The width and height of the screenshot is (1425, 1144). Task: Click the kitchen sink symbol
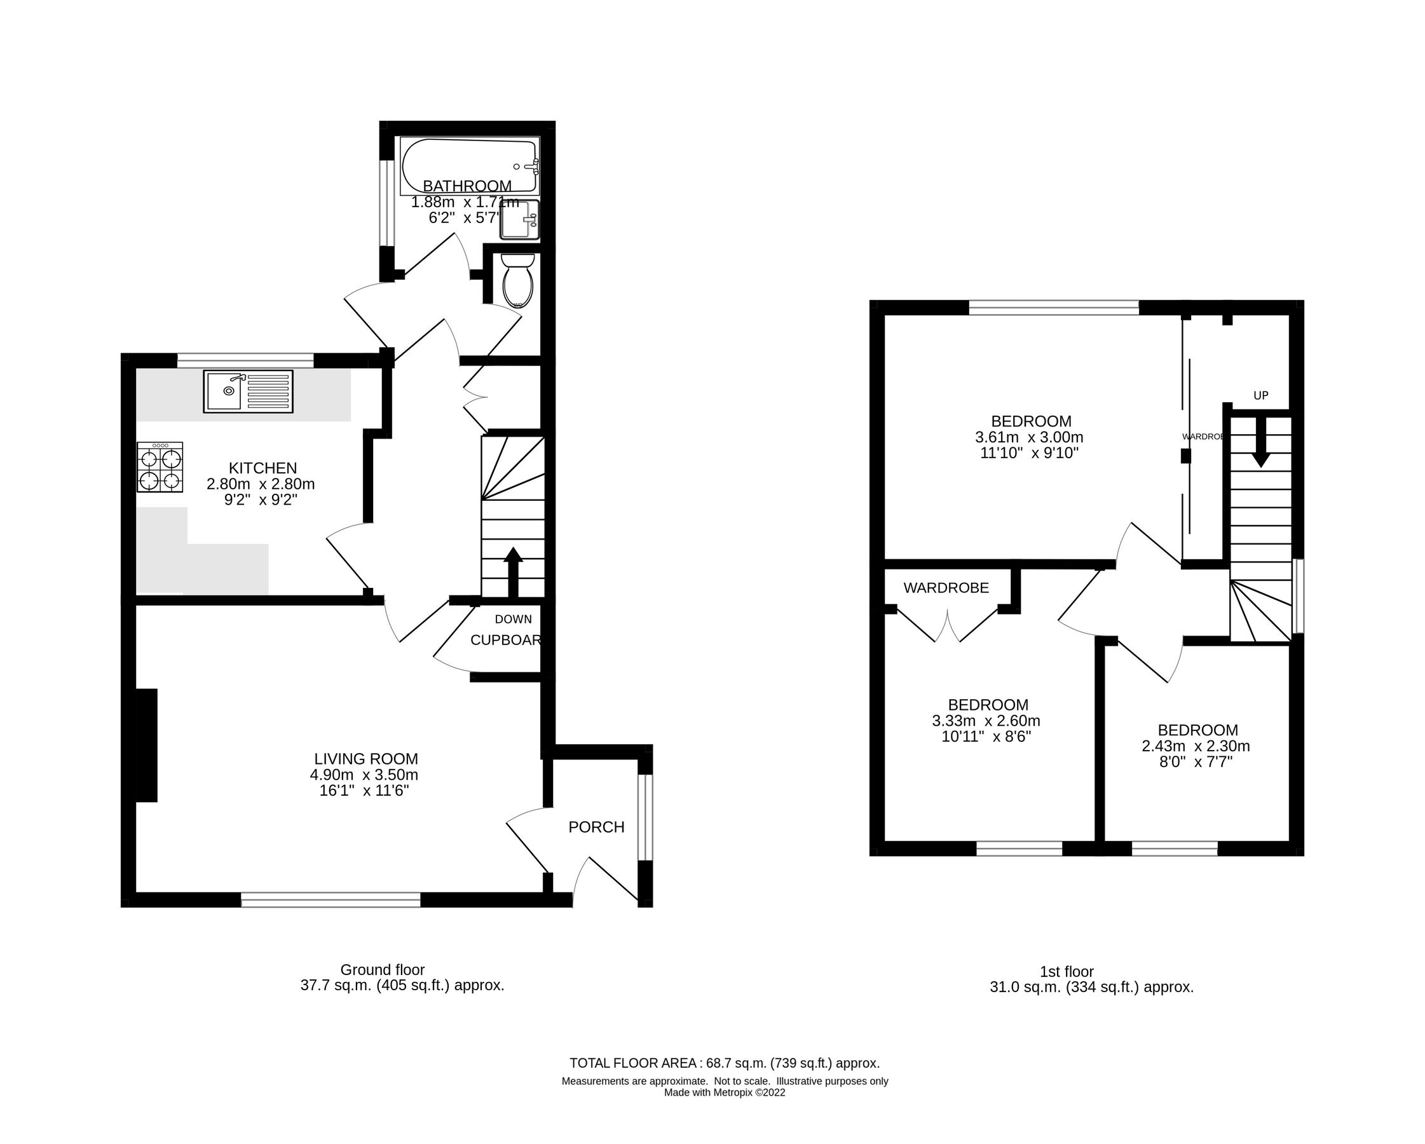pyautogui.click(x=248, y=392)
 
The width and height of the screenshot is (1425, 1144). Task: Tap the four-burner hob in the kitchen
pyautogui.click(x=160, y=467)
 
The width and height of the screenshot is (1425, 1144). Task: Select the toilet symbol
pyautogui.click(x=517, y=281)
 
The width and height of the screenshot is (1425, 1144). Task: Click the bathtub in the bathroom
pyautogui.click(x=469, y=165)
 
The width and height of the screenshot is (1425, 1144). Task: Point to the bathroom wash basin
pyautogui.click(x=520, y=219)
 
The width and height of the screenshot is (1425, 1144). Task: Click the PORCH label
pyautogui.click(x=596, y=827)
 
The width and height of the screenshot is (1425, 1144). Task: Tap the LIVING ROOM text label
pyautogui.click(x=365, y=759)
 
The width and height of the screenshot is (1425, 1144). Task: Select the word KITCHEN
pyautogui.click(x=262, y=468)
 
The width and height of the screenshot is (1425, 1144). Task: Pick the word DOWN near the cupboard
pyautogui.click(x=513, y=619)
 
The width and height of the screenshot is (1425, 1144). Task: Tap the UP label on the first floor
pyautogui.click(x=1260, y=396)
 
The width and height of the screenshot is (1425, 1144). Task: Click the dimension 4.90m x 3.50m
pyautogui.click(x=364, y=775)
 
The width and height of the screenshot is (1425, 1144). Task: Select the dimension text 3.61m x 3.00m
pyautogui.click(x=1029, y=437)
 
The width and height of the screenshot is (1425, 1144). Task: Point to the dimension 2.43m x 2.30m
pyautogui.click(x=1196, y=746)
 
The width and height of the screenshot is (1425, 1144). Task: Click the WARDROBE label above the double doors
pyautogui.click(x=946, y=587)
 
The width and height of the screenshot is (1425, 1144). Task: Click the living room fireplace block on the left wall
pyautogui.click(x=147, y=745)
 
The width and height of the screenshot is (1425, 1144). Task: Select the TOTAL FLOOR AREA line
pyautogui.click(x=725, y=1063)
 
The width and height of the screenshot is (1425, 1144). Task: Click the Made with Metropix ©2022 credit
pyautogui.click(x=725, y=1093)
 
